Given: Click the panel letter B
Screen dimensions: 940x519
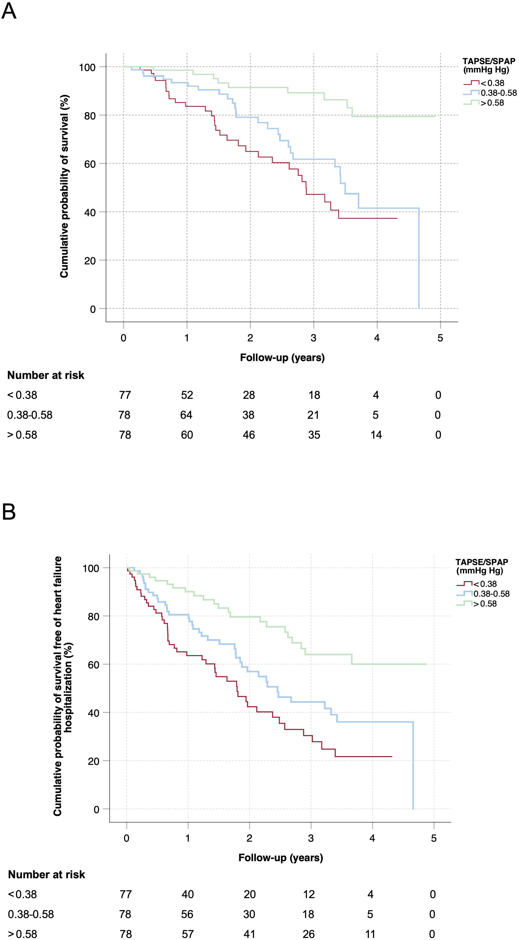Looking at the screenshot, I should coord(9,512).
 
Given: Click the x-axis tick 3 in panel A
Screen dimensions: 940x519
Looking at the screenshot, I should coord(314,338).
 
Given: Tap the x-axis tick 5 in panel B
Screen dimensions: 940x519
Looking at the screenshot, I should coord(433,838).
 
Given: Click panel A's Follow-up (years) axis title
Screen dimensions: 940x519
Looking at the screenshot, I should coord(282,358).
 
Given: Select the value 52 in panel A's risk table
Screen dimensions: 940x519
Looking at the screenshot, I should coord(187,395).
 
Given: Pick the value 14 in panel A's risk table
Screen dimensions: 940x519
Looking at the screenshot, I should coord(376,435).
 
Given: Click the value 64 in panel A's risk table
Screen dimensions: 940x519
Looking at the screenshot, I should coord(186,415).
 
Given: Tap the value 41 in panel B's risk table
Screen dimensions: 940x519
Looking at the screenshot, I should coord(249,934).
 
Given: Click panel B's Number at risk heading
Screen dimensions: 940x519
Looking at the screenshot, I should coord(46,875).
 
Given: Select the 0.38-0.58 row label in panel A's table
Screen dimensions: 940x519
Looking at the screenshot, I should coord(30,415).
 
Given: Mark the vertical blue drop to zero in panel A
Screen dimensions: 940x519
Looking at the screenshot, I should coord(419,259).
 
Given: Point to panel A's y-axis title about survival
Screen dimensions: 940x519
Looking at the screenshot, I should coord(64,186).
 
